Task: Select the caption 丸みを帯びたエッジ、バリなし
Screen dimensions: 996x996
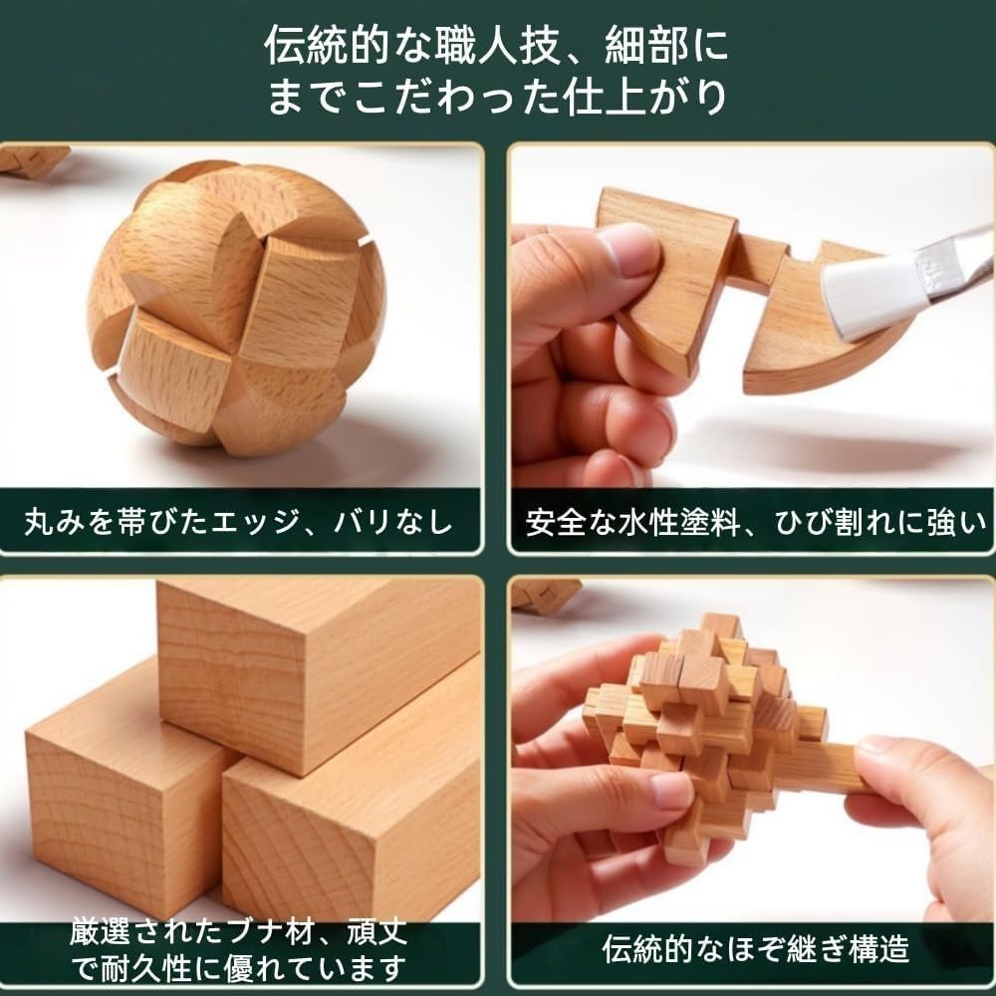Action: tap(239, 521)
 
